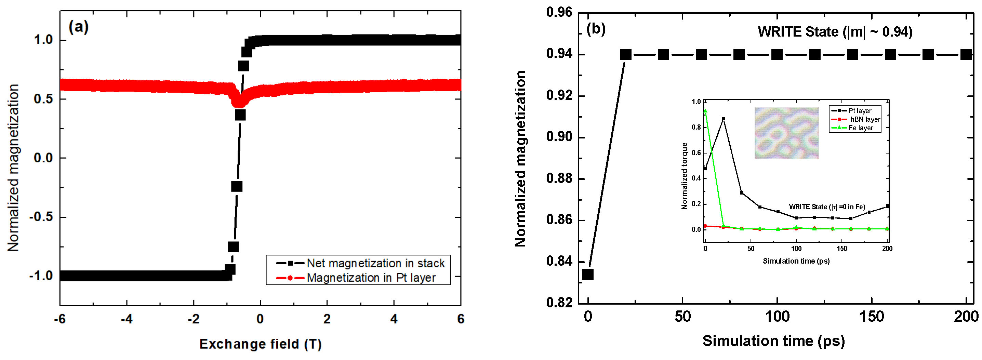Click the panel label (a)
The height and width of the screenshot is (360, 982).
pos(79,27)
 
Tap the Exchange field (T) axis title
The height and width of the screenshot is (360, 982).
pos(260,344)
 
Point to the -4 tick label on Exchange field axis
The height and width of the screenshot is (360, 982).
pos(127,319)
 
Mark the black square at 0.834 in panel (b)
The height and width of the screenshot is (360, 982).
pos(588,274)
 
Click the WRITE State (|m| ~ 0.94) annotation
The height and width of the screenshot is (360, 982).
pos(835,32)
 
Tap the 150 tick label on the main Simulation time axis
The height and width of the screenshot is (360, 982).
pos(872,317)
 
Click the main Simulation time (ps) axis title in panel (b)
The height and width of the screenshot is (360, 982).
pos(773,341)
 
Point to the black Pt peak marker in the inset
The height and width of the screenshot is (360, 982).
pos(723,119)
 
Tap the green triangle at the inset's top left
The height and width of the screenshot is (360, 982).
pos(705,111)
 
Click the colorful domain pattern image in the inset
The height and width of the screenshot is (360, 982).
pos(786,133)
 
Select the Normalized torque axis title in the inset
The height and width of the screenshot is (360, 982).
pos(684,176)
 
